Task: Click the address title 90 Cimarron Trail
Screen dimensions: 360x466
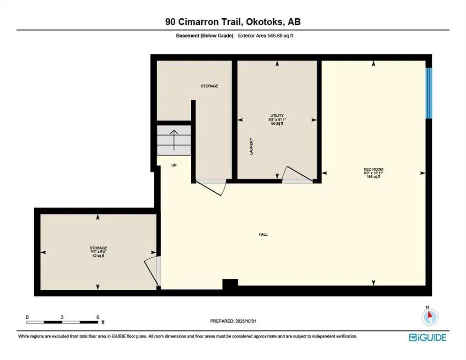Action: (233, 22)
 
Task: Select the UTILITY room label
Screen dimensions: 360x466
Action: (277, 116)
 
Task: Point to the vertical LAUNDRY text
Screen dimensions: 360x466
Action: (252, 146)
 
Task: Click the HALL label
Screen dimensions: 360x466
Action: (263, 234)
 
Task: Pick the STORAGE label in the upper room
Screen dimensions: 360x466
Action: (210, 86)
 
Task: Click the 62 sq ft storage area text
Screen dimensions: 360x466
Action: (98, 256)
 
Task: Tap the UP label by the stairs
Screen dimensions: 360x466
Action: (174, 165)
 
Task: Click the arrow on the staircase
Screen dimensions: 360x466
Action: (174, 140)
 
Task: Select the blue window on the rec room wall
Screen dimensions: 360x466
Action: (428, 93)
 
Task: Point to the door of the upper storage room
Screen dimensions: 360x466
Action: (211, 187)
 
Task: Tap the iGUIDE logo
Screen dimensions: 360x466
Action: (427, 337)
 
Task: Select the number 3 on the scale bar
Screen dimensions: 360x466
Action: (62, 317)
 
